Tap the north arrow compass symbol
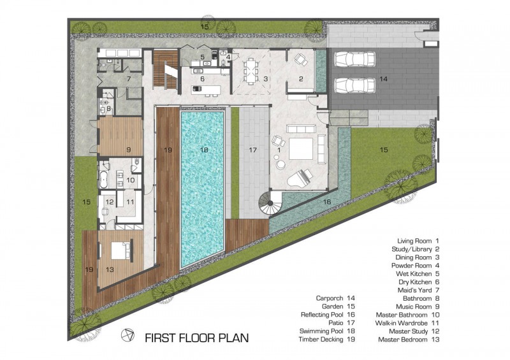(127, 335)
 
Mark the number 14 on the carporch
(383, 79)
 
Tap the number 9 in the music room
(128, 150)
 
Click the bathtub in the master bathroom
(103, 178)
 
